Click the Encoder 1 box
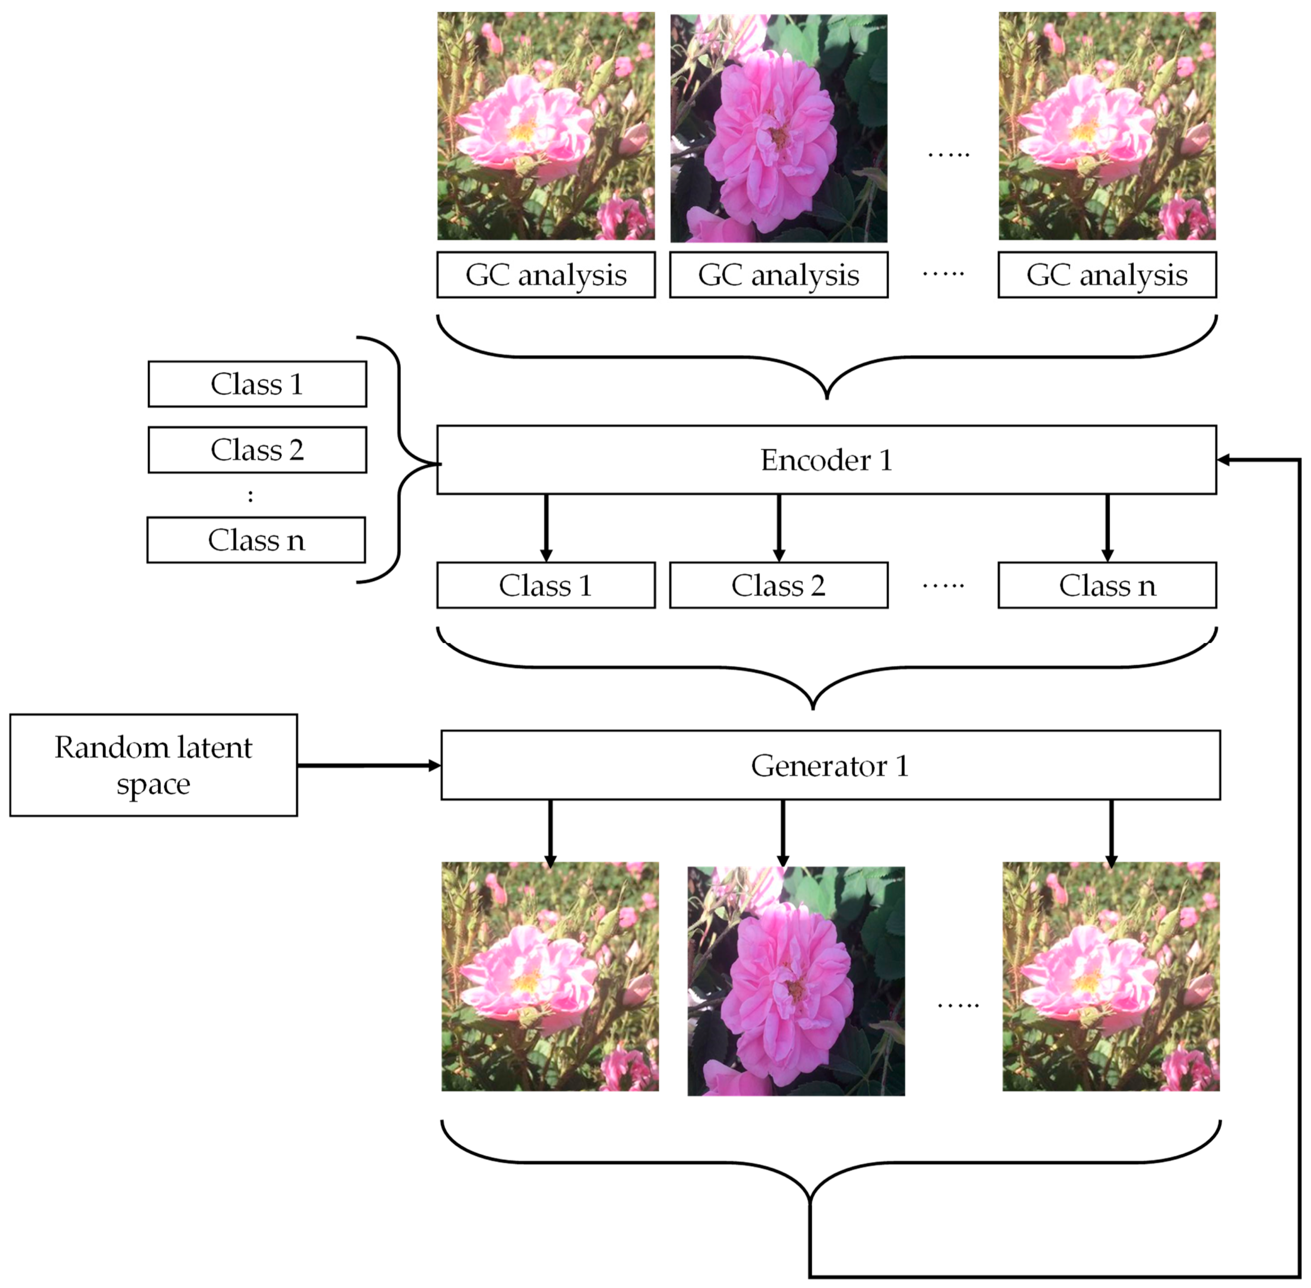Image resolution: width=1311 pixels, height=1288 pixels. pos(826,460)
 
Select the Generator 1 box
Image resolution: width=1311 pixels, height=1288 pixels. pos(830,765)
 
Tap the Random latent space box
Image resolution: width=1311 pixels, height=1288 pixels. pos(154,765)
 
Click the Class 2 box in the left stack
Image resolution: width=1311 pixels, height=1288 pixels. pos(257,450)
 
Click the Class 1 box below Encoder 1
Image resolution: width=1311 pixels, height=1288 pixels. pos(545,585)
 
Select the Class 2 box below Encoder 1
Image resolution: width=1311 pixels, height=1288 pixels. pos(778,585)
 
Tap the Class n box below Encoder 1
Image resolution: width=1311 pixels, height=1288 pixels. pos(1107,585)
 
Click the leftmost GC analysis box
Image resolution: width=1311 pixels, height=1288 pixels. pos(545,275)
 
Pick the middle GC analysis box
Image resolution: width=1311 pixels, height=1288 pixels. pos(778,275)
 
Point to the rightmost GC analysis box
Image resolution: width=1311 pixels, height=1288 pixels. pos(1107,275)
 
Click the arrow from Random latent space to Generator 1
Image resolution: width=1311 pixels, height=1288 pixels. pos(368,766)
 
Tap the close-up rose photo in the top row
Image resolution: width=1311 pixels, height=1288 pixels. pos(778,129)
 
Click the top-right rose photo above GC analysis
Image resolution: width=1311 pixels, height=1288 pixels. pos(1107,127)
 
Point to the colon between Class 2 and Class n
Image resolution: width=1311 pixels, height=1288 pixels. pos(250,496)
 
